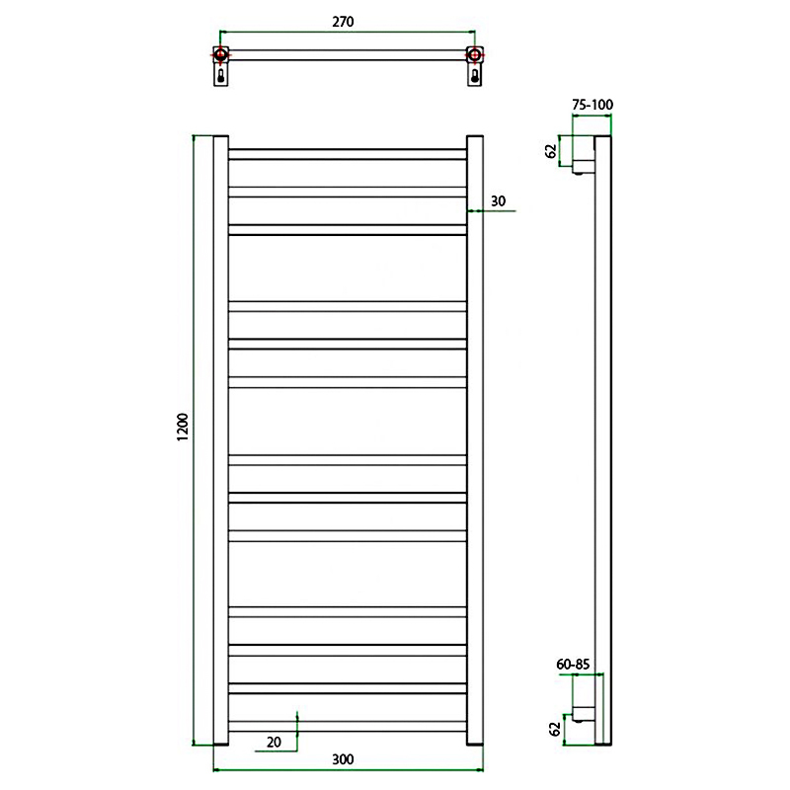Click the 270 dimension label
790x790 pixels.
pos(343,22)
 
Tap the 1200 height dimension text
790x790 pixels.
pos(183,428)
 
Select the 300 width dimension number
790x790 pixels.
pos(343,759)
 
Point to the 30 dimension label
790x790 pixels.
pos(498,201)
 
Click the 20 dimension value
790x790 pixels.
pos(274,743)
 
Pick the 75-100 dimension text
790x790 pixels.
pos(592,105)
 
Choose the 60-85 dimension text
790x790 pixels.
pos(573,665)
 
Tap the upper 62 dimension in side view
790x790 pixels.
pos(552,151)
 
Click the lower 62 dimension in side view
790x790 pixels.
pos(554,729)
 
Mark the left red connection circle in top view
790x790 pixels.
pos(220,54)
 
